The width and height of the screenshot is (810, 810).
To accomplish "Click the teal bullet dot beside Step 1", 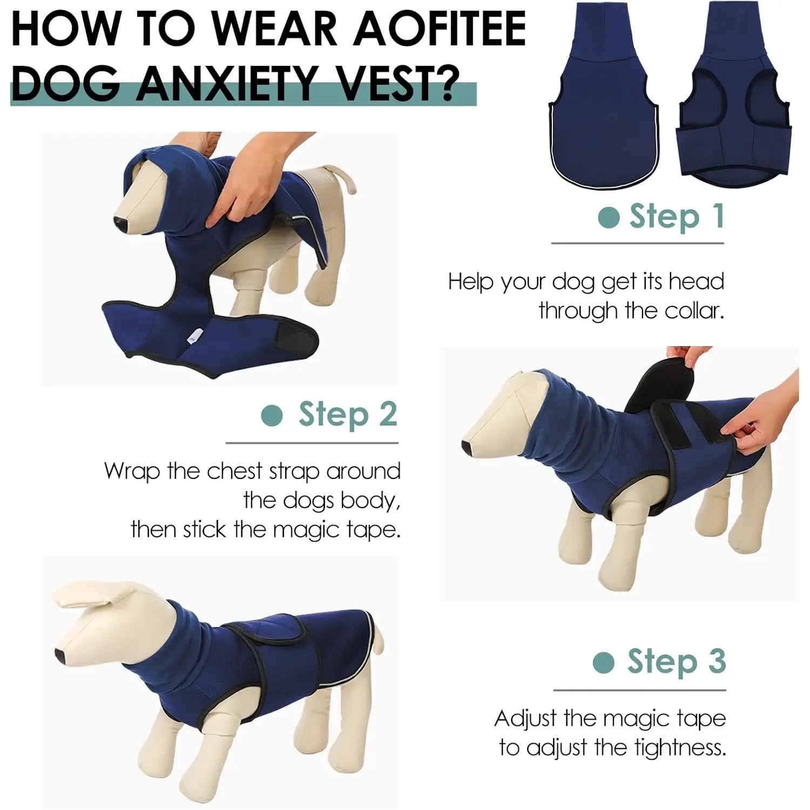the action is pos(609,217).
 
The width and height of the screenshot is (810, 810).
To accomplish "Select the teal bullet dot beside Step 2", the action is pos(272,415).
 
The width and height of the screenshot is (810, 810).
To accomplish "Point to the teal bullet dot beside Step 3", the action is pos(603,662).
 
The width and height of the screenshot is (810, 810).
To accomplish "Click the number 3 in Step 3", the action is pos(717,661).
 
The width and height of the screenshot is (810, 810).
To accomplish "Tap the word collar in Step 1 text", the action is pos(694,310).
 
